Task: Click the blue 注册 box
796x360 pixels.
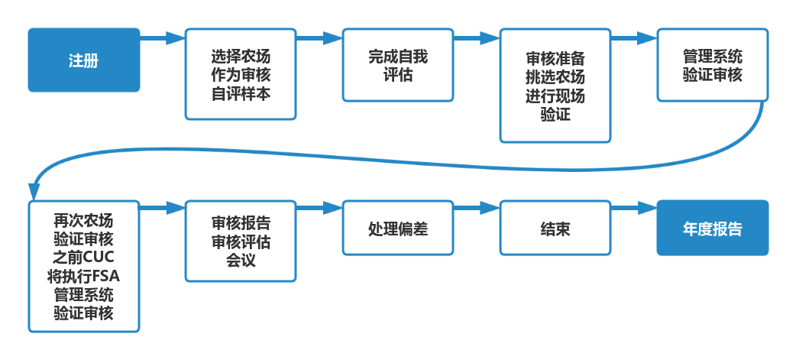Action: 84,60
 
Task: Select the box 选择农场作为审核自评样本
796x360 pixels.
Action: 241,74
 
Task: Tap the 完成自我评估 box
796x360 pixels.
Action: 398,65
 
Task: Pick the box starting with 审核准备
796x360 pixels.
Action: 555,86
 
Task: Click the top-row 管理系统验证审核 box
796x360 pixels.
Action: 713,65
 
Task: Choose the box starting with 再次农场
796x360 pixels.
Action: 84,266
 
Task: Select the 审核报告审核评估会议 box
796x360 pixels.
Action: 241,242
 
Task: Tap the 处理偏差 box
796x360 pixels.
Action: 398,228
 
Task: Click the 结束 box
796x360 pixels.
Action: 555,228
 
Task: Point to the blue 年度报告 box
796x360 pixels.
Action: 713,228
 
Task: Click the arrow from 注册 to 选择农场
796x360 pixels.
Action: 163,38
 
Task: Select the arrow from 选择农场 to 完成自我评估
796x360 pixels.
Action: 319,38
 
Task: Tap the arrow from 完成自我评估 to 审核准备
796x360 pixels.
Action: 477,38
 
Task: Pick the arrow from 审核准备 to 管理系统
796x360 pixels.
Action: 634,38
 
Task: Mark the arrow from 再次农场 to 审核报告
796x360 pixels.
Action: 163,208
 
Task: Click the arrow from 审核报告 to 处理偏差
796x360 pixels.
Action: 319,208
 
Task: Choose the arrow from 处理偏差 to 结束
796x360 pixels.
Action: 477,208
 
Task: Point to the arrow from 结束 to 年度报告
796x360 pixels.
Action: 634,208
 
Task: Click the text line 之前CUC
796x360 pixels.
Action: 84,257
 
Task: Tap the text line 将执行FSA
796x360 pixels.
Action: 84,276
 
